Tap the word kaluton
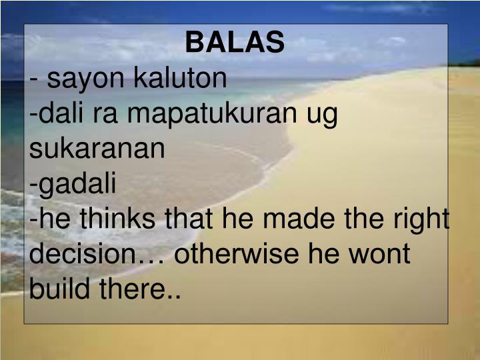tap(181, 79)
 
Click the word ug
tap(323, 114)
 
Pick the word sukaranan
tap(97, 149)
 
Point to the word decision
tap(89, 255)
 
